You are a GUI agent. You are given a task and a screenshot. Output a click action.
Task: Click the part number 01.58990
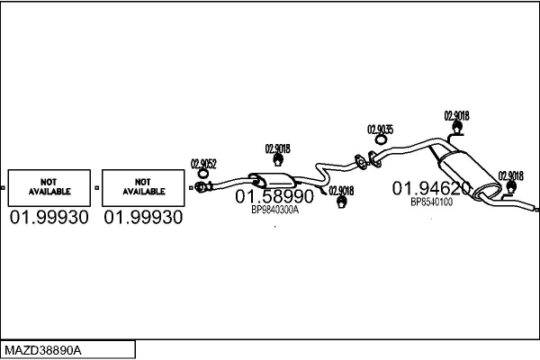tap(274, 196)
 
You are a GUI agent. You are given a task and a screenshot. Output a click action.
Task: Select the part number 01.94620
tap(431, 188)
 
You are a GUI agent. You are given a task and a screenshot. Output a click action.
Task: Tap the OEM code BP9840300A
tap(274, 211)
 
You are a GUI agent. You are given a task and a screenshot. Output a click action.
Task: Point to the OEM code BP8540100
tap(431, 202)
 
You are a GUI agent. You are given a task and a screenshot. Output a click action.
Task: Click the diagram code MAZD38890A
tap(43, 349)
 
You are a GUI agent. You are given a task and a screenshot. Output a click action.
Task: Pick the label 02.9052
tap(203, 164)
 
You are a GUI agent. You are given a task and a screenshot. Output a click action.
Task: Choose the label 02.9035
tap(380, 130)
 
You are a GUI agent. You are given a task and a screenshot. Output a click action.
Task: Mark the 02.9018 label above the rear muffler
tap(456, 115)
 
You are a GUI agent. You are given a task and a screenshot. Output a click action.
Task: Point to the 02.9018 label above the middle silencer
tap(277, 148)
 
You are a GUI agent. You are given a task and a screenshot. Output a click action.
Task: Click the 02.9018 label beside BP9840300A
tap(341, 191)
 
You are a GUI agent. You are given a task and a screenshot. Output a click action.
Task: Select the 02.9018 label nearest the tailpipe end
tap(510, 175)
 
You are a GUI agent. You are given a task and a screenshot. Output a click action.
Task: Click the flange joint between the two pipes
tap(362, 163)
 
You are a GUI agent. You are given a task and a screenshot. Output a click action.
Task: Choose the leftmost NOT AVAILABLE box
tap(49, 186)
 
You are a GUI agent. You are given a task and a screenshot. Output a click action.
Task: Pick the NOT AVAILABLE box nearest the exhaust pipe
tap(142, 186)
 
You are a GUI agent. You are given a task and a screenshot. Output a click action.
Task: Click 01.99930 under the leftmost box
tap(49, 218)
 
